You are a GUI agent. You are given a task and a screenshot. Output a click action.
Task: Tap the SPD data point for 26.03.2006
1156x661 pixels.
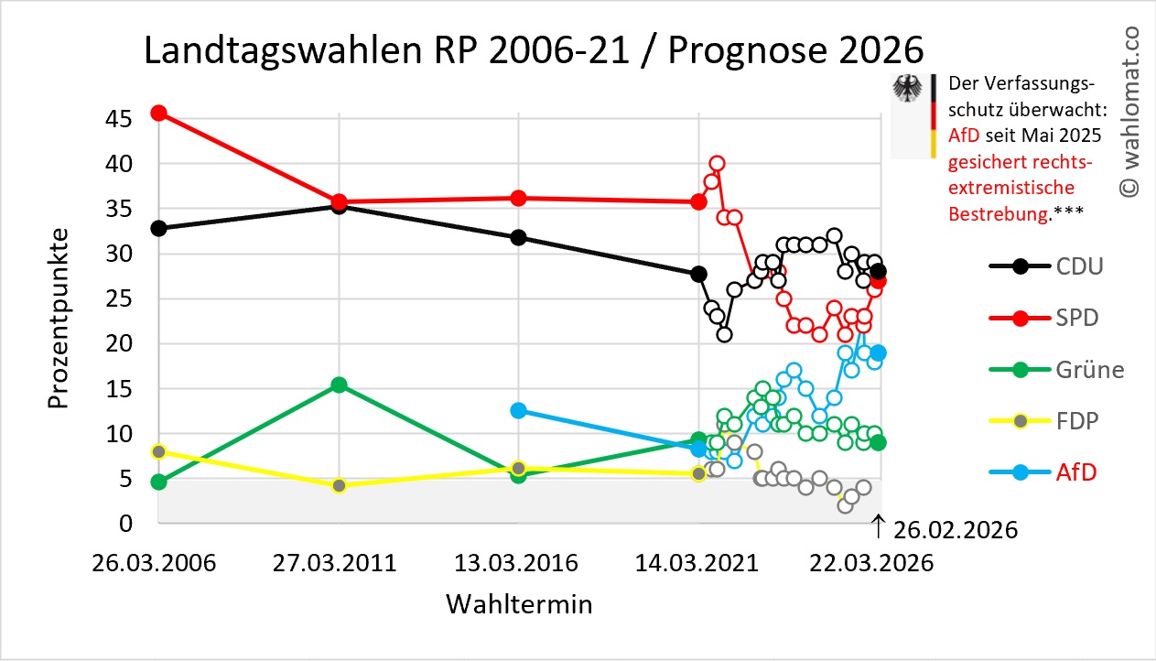(x=158, y=113)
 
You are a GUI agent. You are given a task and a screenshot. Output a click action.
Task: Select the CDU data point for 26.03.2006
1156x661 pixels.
(x=158, y=228)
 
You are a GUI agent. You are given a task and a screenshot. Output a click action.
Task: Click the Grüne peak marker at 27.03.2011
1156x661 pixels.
(x=339, y=385)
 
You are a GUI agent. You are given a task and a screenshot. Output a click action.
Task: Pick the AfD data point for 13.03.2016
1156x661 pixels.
(x=518, y=410)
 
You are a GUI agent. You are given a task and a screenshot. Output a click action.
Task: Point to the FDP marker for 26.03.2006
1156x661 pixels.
(x=158, y=451)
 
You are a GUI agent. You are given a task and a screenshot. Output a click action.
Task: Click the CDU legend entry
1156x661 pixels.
(x=1048, y=266)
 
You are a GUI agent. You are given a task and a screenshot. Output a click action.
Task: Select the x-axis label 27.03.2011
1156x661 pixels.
(x=335, y=562)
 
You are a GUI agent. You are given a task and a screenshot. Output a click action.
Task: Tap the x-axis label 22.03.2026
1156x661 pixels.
(x=874, y=562)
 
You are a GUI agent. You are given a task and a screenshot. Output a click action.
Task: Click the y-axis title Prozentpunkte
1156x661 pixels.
(x=59, y=324)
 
